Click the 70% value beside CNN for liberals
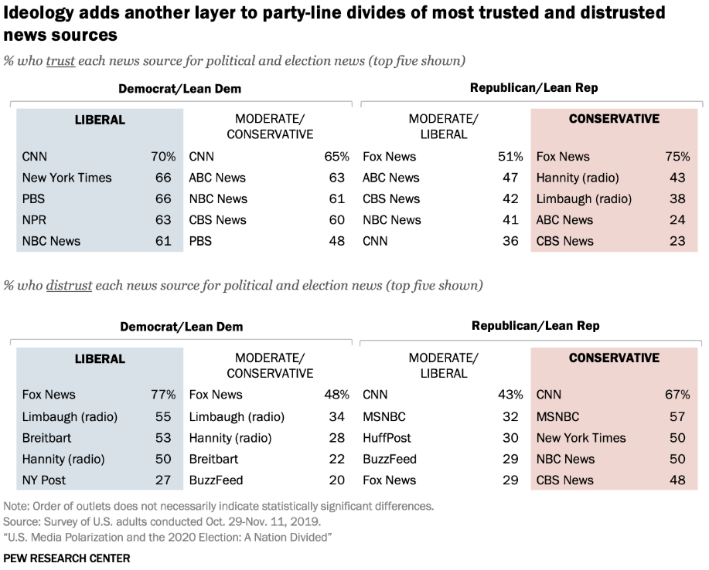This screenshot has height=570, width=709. [x=163, y=157]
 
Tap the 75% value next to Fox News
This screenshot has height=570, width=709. [x=677, y=157]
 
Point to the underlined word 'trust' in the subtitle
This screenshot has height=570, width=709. [x=60, y=61]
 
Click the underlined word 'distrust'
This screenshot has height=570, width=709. [x=69, y=286]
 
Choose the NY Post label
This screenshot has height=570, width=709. [x=44, y=480]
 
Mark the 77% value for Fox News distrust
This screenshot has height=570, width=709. [x=163, y=395]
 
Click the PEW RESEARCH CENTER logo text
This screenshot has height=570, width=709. [x=66, y=558]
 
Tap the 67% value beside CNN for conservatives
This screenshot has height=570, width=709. [x=677, y=395]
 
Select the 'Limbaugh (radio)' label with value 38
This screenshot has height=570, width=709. [x=584, y=198]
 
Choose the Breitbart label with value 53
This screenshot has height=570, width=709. [x=48, y=437]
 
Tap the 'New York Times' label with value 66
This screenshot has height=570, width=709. [x=66, y=178]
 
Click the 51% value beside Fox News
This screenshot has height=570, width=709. [x=510, y=157]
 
